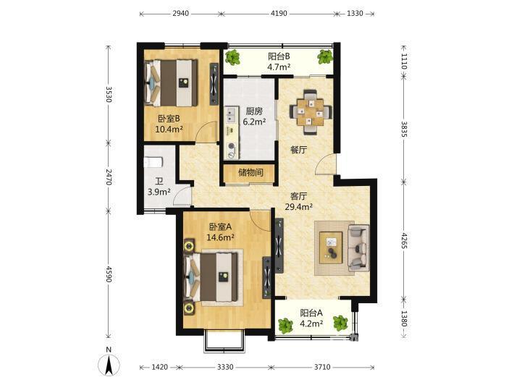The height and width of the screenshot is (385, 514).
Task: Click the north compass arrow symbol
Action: [109, 364]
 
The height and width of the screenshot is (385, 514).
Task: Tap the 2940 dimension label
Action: [180, 14]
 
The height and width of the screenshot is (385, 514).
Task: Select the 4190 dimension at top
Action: [279, 14]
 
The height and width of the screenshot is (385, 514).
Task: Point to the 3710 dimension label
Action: [322, 367]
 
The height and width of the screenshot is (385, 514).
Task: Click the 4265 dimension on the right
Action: [404, 240]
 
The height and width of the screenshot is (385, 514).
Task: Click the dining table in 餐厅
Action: [311, 112]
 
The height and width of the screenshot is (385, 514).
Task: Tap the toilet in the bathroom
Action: [153, 162]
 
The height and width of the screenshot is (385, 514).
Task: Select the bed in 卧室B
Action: [171, 83]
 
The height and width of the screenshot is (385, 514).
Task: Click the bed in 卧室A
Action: [211, 277]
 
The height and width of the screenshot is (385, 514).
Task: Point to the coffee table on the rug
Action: [331, 247]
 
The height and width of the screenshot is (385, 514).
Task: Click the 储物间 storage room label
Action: [250, 172]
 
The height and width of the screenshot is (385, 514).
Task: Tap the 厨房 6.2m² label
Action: [254, 117]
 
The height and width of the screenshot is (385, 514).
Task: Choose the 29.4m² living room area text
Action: [298, 207]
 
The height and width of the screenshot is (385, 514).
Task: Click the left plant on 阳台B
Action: [233, 57]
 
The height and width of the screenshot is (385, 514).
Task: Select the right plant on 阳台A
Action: [340, 323]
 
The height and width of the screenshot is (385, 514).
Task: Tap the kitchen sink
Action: [231, 115]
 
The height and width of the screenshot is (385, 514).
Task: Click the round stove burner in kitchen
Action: [232, 147]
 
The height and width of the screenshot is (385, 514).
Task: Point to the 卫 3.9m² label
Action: [159, 187]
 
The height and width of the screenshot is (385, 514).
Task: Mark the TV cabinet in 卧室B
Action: [214, 84]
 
